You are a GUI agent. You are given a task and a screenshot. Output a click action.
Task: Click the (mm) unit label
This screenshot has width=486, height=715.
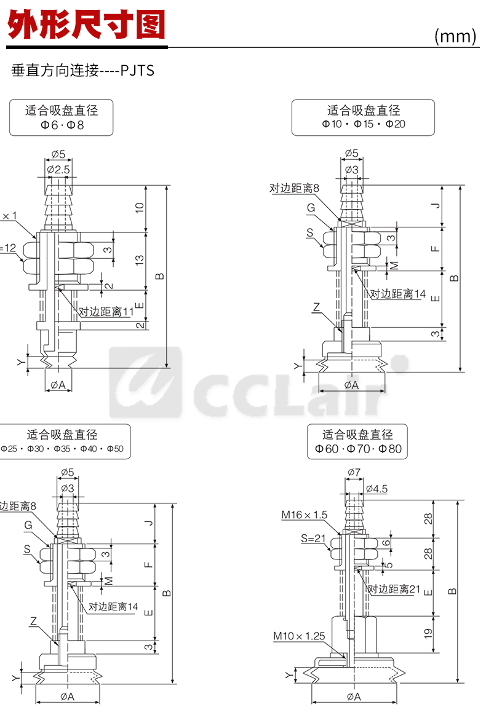(455, 36)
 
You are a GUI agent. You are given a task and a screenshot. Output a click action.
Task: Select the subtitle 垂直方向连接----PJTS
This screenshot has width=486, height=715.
(83, 71)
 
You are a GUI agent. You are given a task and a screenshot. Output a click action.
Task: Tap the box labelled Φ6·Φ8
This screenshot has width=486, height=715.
(62, 117)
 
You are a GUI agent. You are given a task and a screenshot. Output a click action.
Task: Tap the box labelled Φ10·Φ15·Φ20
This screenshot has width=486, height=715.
(363, 117)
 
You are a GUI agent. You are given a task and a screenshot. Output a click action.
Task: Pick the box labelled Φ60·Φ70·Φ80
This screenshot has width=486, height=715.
(358, 441)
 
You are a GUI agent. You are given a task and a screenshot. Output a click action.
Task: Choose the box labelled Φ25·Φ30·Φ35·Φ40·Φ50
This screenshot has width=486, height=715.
(62, 441)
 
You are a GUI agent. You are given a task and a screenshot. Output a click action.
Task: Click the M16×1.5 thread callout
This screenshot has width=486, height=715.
(305, 515)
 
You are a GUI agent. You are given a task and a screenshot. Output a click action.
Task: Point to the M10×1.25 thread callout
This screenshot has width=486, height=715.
(299, 636)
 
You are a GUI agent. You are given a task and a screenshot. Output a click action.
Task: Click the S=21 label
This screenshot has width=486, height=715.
(313, 539)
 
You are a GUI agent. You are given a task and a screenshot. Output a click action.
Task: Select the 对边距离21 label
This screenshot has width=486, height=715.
(394, 589)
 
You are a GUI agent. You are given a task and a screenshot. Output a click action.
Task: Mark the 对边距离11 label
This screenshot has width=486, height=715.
(106, 312)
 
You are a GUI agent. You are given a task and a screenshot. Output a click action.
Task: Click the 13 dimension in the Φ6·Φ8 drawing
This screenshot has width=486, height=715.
(140, 261)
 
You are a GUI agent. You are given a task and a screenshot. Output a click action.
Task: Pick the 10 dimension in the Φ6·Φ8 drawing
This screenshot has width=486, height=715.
(140, 208)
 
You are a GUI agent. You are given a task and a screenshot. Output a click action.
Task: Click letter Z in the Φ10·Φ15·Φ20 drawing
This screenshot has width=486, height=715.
(316, 306)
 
